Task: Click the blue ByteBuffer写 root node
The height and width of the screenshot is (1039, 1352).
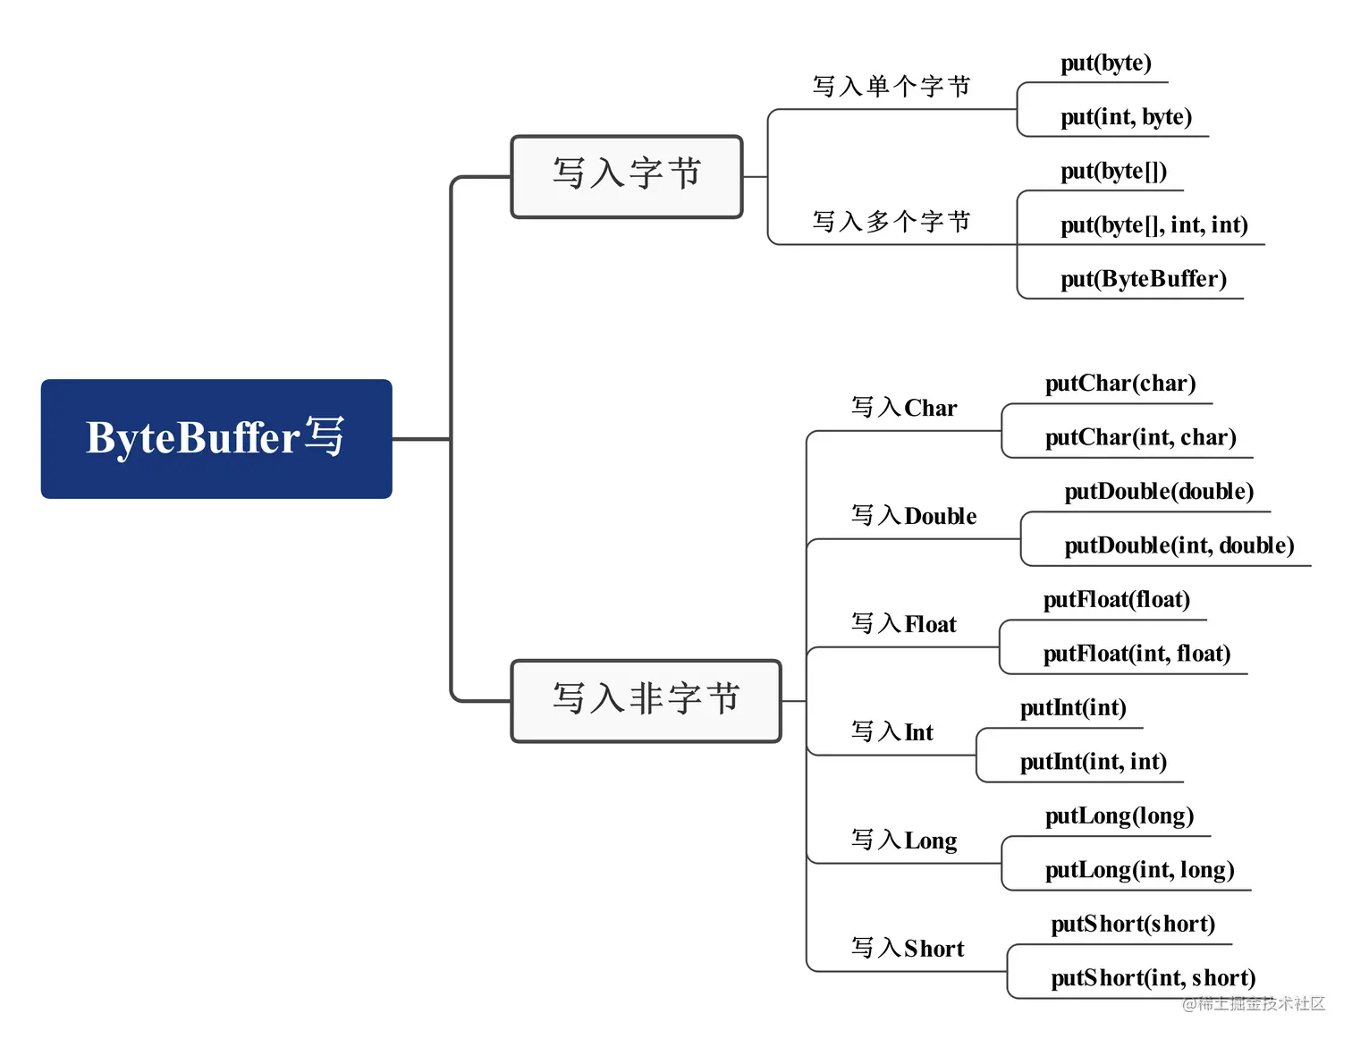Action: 216,438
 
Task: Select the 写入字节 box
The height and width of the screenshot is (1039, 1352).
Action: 626,176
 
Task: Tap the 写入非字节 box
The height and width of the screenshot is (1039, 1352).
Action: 646,700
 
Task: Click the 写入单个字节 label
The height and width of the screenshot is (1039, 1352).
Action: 891,87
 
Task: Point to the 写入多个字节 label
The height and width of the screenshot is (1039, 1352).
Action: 891,222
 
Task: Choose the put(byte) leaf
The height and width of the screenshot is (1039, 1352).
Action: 1105,63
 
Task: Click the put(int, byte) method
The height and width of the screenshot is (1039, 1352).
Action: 1126,117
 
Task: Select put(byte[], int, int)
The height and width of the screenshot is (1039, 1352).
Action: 1153,225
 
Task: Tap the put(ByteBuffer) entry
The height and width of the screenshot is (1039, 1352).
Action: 1143,279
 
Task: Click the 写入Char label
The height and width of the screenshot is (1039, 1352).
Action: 903,409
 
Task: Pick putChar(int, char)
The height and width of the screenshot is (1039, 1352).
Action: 1140,437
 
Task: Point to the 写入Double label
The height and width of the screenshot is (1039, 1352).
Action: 913,516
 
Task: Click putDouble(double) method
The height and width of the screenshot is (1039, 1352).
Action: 1158,492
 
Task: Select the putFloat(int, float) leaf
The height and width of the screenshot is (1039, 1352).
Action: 1137,654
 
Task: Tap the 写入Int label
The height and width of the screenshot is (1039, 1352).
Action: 891,732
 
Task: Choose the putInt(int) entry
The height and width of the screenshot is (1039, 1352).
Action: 1072,708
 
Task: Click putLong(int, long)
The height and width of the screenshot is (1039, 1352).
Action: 1139,870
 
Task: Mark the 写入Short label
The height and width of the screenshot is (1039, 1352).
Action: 907,949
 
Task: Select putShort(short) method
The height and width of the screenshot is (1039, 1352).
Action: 1132,925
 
